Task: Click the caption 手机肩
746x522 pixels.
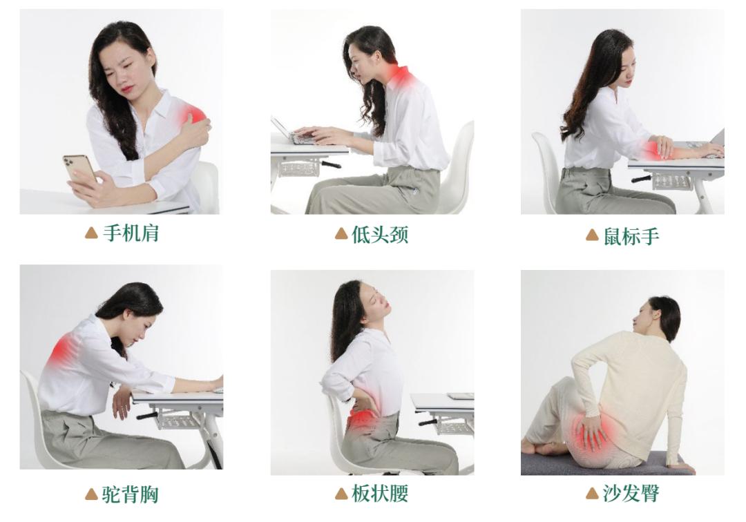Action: [x=131, y=234]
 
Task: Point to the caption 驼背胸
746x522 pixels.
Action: [x=131, y=494]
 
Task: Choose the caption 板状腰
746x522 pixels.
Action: [x=380, y=494]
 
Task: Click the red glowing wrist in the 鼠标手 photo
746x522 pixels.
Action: [x=655, y=148]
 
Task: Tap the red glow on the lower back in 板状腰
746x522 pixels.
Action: [x=362, y=418]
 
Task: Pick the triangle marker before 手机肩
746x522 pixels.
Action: [x=90, y=234]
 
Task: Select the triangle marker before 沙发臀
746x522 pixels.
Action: [x=591, y=494]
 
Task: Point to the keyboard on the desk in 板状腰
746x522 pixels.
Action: [x=460, y=396]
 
